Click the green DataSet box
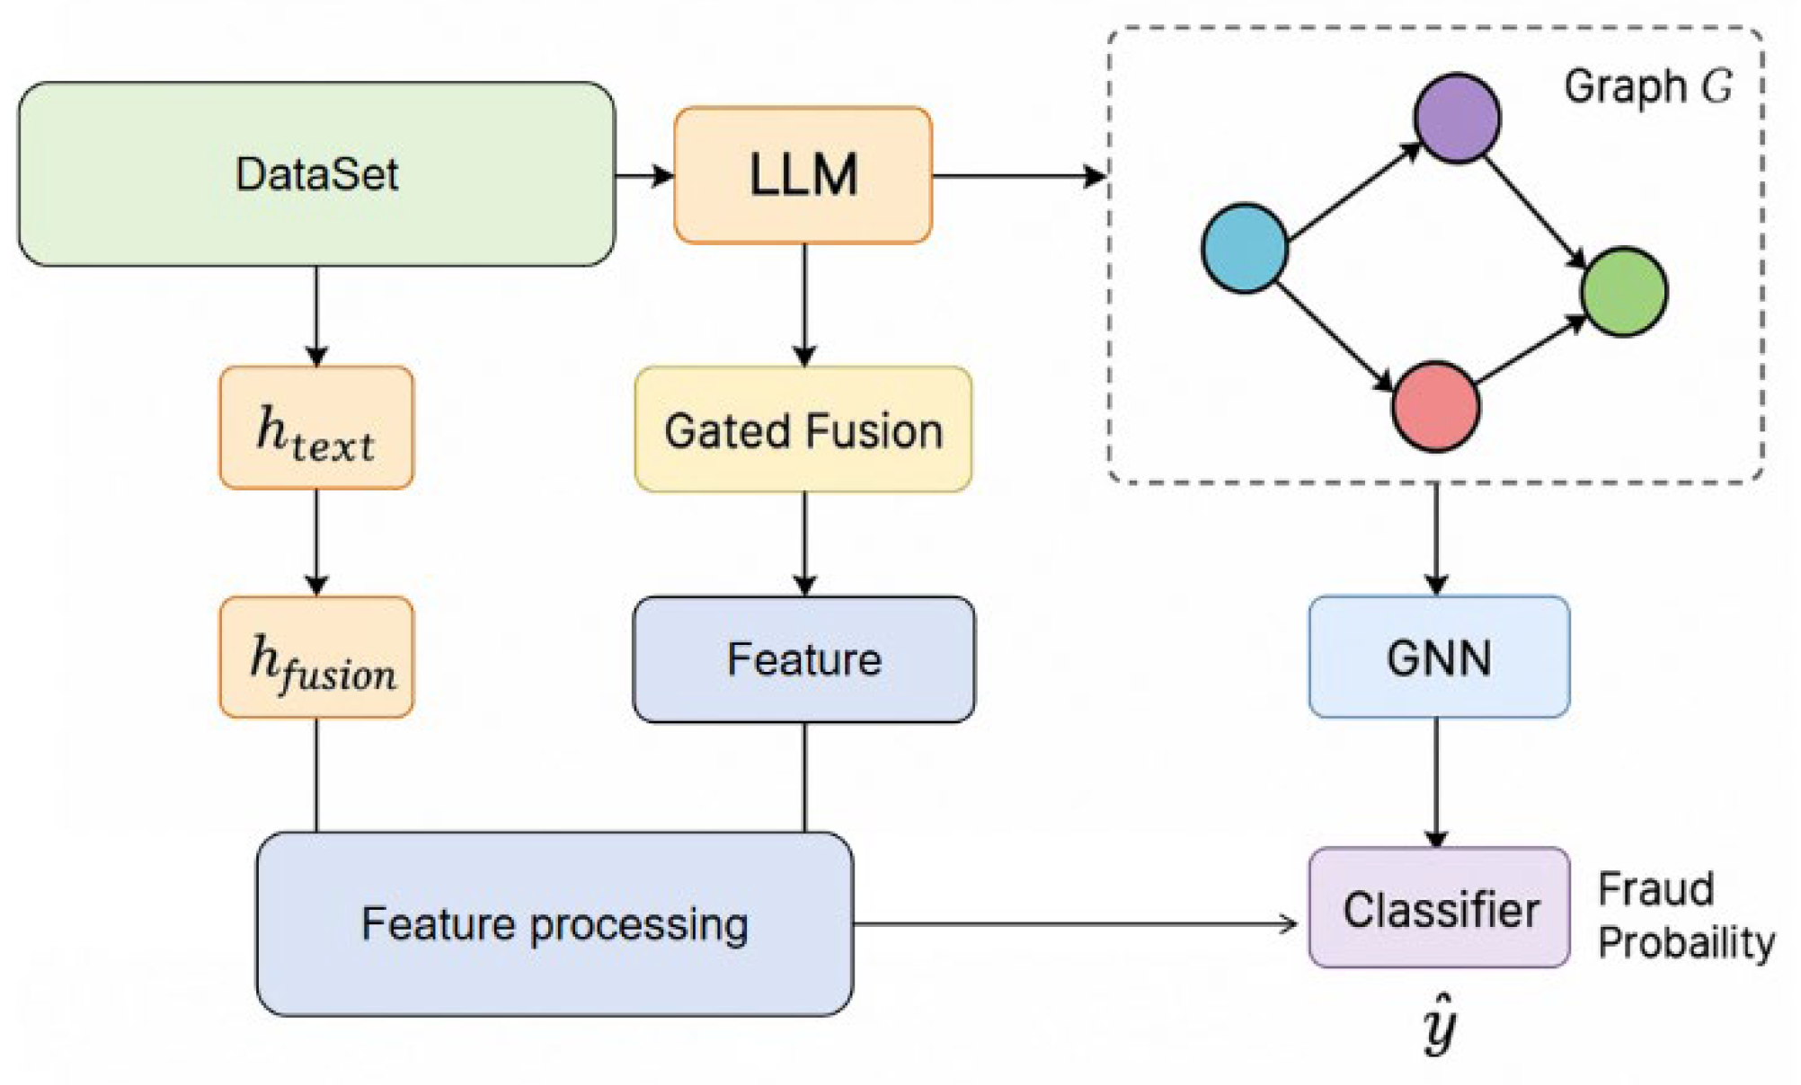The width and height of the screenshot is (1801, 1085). tap(316, 174)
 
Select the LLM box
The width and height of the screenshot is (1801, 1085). tap(803, 175)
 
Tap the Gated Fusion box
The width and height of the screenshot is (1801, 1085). tap(803, 430)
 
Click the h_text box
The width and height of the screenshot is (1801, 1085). tap(316, 428)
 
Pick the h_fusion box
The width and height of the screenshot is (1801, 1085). tap(316, 657)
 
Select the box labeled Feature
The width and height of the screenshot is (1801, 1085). tap(803, 659)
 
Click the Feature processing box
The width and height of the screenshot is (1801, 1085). tap(554, 924)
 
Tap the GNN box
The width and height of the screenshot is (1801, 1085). tap(1438, 657)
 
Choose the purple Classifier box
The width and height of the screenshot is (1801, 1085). tap(1439, 908)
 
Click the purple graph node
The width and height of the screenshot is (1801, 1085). tap(1456, 119)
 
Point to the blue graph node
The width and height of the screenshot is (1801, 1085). tap(1245, 248)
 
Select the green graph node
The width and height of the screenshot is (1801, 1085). tap(1623, 292)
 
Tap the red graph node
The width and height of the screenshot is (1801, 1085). tap(1435, 406)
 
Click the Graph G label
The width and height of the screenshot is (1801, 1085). tap(1647, 87)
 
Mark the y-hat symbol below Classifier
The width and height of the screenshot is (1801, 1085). tap(1439, 1024)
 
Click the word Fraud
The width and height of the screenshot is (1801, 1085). tap(1655, 889)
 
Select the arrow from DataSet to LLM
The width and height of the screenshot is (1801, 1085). tap(643, 175)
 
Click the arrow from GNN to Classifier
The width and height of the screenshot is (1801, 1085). tap(1436, 781)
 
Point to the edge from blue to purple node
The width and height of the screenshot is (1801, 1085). tap(1353, 190)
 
